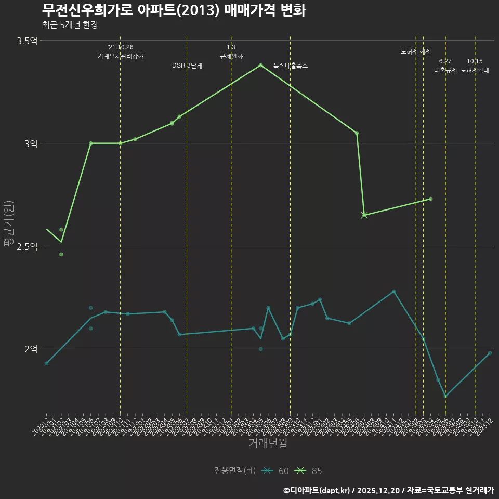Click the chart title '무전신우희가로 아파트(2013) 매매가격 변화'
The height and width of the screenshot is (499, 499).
coord(174,10)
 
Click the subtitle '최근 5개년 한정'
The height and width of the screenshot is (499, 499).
coord(70,25)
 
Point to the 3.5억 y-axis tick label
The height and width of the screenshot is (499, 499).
coord(27,41)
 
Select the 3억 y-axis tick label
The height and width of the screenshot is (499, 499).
coord(31,143)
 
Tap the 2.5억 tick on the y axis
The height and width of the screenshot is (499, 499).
coord(27,246)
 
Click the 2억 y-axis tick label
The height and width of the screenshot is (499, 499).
coord(31,349)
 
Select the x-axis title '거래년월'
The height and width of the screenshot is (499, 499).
coord(268,443)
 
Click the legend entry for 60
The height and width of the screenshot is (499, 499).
coord(275,471)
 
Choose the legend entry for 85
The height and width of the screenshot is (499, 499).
coord(309,471)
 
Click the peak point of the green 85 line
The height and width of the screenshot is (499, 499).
coord(260,65)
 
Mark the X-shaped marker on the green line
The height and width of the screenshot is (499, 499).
coord(364,215)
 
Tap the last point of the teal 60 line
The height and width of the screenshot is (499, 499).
coord(490,353)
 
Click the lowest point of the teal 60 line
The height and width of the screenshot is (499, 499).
coord(445,396)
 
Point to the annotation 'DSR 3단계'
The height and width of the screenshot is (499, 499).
coord(187,66)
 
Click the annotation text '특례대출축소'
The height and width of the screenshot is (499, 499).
coord(291,66)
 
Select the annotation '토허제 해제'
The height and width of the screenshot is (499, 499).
coord(416,51)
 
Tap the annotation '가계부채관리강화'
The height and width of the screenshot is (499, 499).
coord(121,56)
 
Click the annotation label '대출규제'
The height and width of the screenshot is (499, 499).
coord(445,71)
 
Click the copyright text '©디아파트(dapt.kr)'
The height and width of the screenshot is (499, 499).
coord(318,490)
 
